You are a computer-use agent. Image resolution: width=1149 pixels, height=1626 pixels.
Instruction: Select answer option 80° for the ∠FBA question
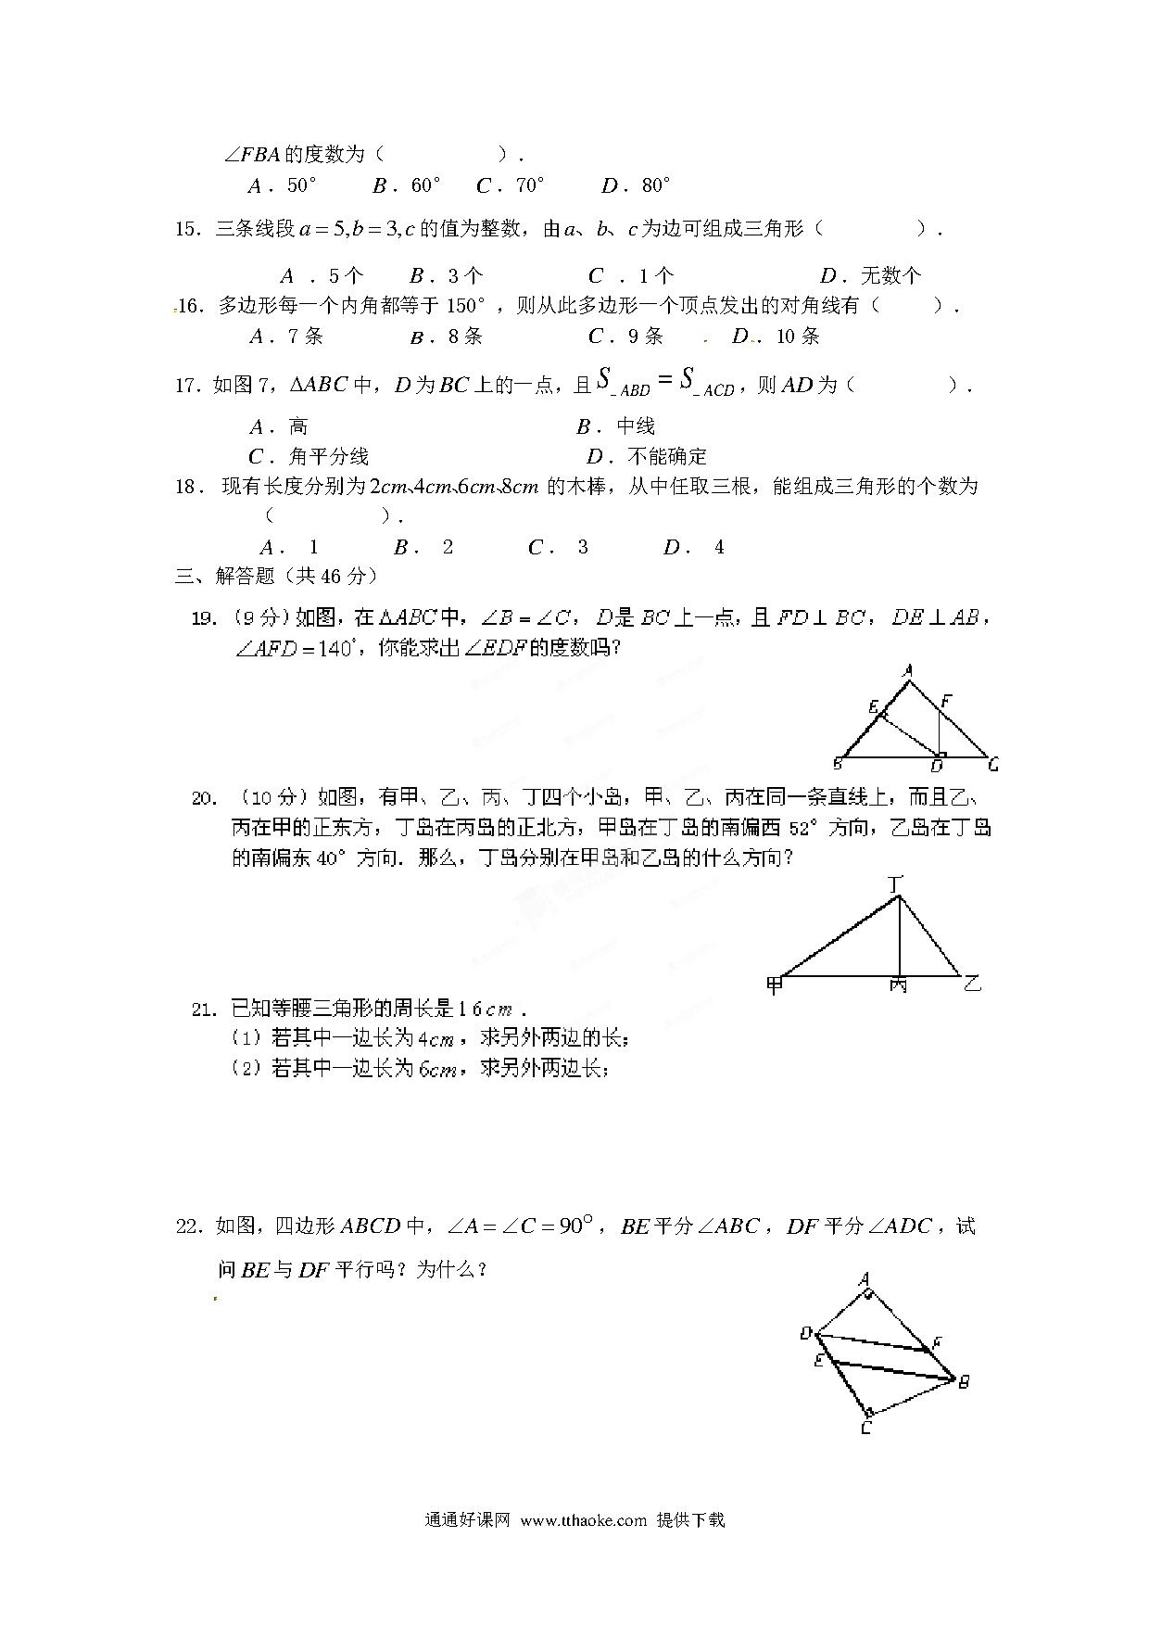(x=637, y=185)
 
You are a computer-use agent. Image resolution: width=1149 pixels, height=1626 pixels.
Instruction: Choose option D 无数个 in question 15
(x=871, y=275)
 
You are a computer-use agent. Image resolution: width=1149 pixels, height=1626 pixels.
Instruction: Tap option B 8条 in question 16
(x=447, y=337)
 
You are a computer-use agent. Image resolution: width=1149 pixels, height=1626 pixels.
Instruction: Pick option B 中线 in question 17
(x=616, y=426)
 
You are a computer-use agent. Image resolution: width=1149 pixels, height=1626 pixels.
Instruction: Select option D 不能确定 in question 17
(x=647, y=456)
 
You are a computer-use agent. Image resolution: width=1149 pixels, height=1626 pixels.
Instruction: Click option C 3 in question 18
(x=559, y=547)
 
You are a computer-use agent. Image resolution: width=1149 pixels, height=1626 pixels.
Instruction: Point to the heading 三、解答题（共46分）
(x=277, y=576)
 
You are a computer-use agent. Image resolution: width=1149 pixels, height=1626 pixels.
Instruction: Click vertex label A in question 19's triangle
(x=908, y=670)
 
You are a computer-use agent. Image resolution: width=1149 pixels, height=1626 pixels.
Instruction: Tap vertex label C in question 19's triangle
(x=992, y=765)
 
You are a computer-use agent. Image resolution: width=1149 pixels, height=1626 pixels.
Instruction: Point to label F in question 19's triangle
(x=945, y=702)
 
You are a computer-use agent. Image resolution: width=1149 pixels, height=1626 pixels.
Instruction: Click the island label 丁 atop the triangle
(x=895, y=883)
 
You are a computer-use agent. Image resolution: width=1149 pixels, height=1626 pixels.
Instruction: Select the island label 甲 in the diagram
(x=775, y=984)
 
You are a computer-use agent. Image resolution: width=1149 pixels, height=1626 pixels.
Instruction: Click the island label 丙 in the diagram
(x=898, y=985)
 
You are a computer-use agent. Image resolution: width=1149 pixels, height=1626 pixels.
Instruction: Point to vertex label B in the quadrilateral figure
(x=964, y=1381)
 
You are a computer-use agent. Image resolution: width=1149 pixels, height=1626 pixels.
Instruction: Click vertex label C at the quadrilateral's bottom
(x=865, y=1428)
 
